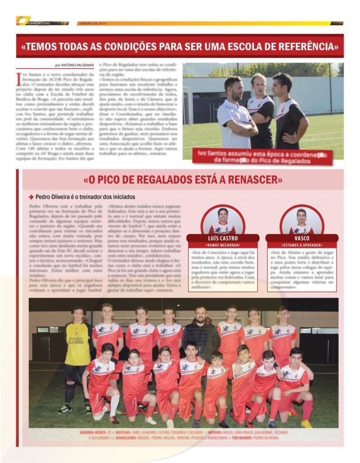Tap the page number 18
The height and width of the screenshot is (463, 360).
coord(64,23)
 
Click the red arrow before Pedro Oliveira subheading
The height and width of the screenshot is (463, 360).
coord(31,197)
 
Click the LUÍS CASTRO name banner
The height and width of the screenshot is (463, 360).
coord(222,238)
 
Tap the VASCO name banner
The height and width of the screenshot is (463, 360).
coord(301,238)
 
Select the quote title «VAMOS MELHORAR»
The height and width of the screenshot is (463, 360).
coord(222,245)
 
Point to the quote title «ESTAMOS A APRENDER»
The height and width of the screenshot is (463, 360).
coord(301,245)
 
